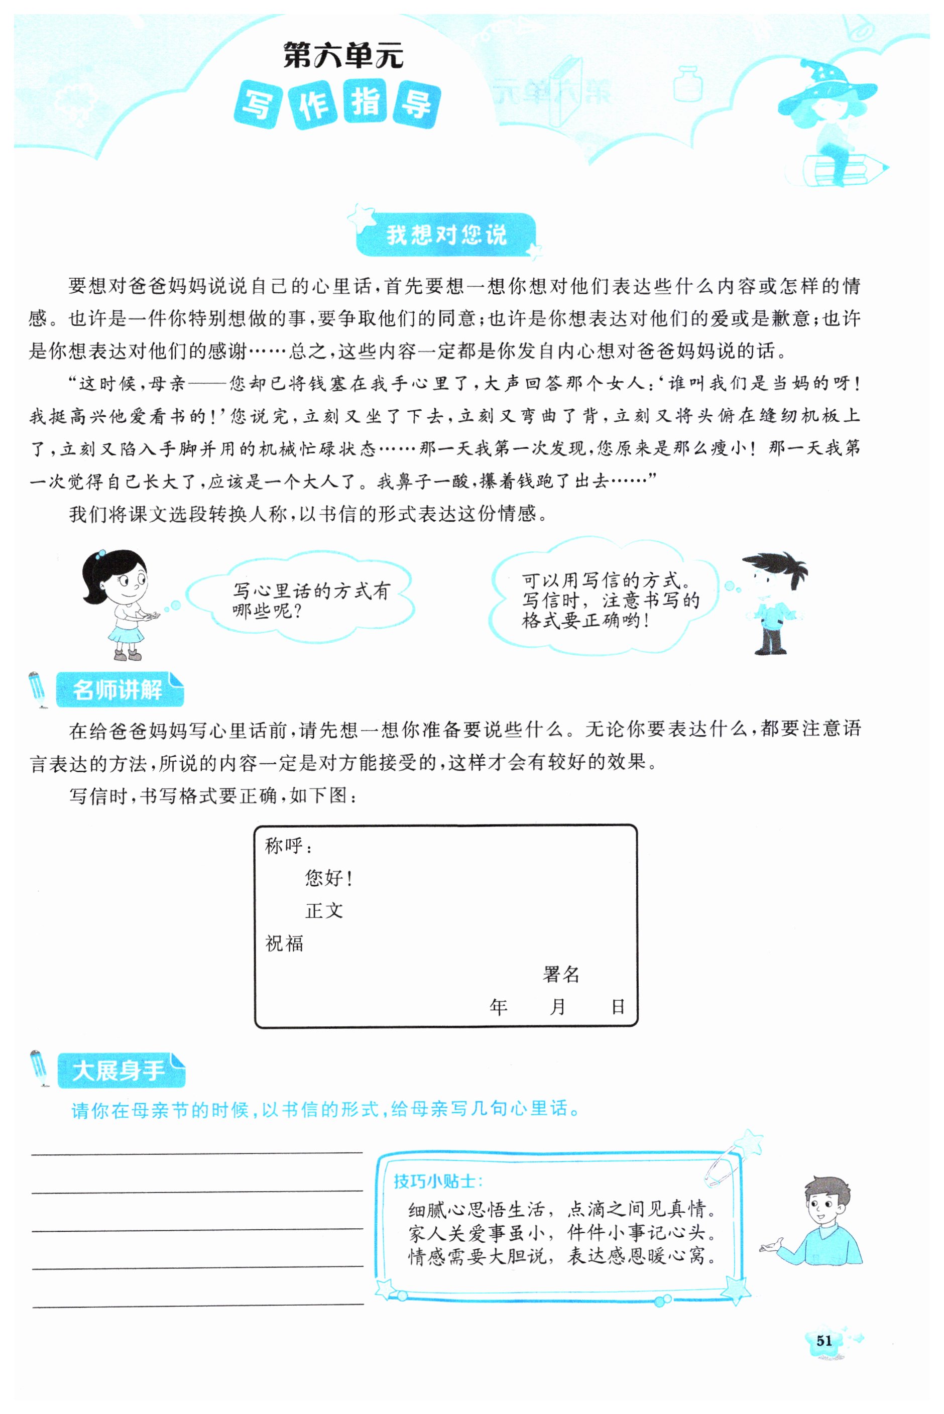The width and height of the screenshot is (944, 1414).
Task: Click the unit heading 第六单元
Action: tap(343, 56)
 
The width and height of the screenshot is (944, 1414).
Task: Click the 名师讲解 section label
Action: tap(118, 690)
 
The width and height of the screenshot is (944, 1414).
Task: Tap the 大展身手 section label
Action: tap(119, 1071)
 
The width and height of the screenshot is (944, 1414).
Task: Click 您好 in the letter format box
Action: tap(325, 878)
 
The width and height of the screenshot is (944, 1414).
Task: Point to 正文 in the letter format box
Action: tap(324, 911)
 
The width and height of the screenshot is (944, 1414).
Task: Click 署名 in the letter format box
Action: tap(560, 975)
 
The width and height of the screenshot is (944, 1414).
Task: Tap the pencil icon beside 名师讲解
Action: tap(37, 690)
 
